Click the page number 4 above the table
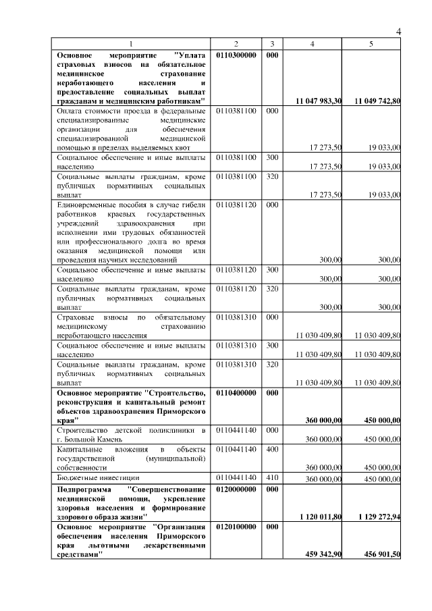[x=398, y=32]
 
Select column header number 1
[x=132, y=44]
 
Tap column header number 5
[x=371, y=44]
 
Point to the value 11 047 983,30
[x=319, y=101]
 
